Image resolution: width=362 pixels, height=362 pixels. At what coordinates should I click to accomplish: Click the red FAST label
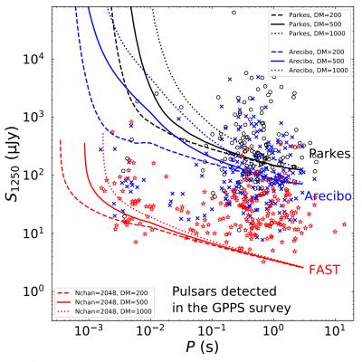click(x=324, y=270)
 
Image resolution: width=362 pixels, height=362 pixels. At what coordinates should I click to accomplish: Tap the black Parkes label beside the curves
click(x=329, y=154)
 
